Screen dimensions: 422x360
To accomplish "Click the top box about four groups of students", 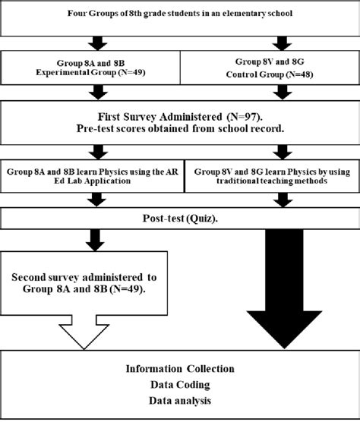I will pos(180,17).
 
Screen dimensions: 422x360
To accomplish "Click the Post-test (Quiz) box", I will pos(179,218).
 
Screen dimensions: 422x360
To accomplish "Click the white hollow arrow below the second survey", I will pos(90,330).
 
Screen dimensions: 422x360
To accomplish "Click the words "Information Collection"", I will pos(179,369).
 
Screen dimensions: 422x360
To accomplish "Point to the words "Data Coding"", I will pos(179,385).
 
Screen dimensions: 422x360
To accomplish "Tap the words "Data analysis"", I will pos(179,400).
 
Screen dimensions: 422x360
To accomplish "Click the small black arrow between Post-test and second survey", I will pos(90,241).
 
